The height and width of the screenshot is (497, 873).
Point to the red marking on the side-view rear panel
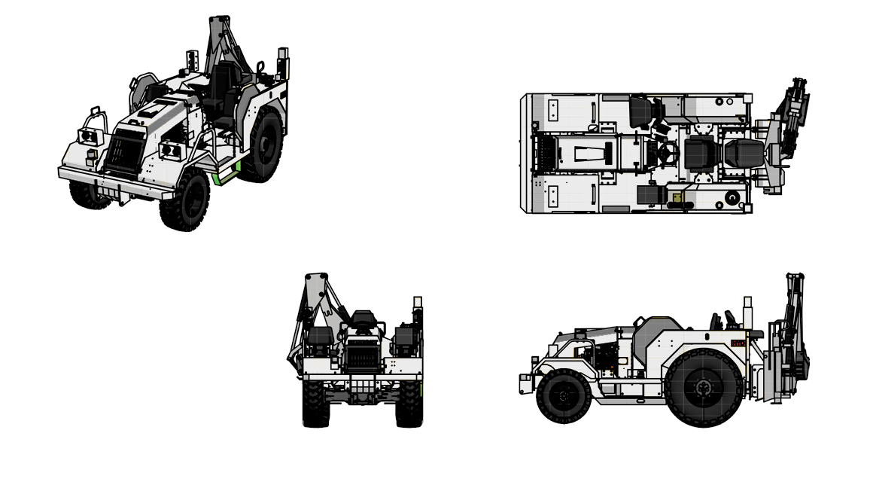[738, 343]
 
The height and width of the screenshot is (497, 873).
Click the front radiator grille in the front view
[363, 354]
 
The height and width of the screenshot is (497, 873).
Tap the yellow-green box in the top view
[677, 198]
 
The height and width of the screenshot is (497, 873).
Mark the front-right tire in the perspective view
[184, 200]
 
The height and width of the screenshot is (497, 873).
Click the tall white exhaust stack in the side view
[747, 313]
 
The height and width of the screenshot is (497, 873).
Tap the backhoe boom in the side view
[793, 316]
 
